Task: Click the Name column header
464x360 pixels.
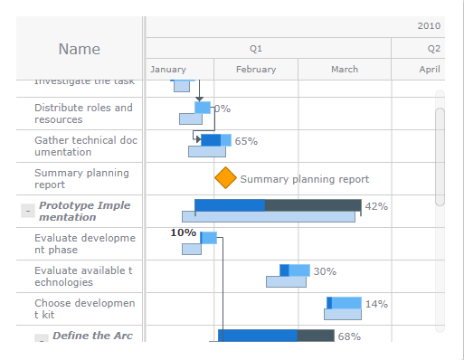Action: (x=80, y=49)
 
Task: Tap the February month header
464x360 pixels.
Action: (x=256, y=70)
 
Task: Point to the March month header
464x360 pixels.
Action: (x=345, y=70)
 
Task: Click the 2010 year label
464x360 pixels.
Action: (x=430, y=25)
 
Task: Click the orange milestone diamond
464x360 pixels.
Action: (x=225, y=179)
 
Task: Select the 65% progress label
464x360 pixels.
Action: (x=246, y=141)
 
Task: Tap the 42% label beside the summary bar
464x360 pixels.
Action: (x=376, y=206)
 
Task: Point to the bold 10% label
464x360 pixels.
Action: (x=183, y=233)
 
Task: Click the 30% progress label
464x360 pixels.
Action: (x=325, y=271)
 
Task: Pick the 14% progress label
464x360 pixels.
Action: (x=376, y=304)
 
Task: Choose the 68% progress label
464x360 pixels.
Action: (x=349, y=336)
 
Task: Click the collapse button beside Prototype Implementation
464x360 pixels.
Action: (x=27, y=211)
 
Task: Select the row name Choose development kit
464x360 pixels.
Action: (x=84, y=309)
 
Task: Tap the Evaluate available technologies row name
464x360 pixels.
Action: (x=83, y=277)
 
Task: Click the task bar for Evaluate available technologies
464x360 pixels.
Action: (x=295, y=270)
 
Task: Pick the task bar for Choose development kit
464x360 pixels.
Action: (x=344, y=303)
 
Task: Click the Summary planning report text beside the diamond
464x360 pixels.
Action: (x=304, y=180)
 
